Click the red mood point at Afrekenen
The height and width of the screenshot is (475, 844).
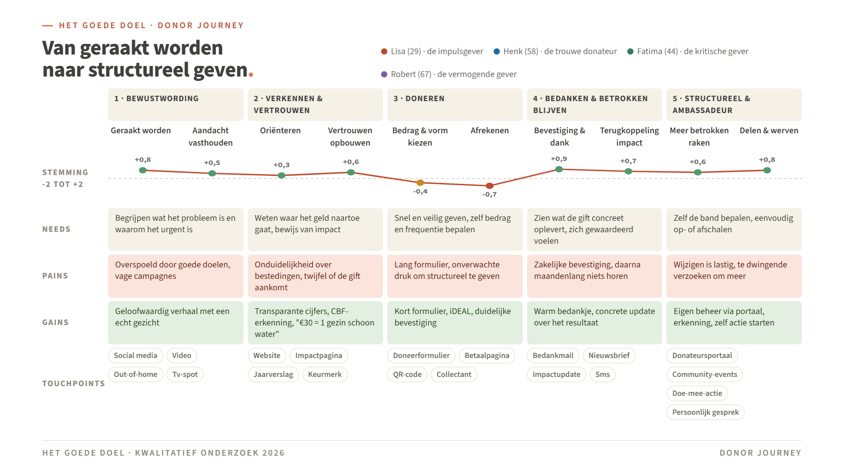490,186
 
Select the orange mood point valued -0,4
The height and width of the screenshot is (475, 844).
420,183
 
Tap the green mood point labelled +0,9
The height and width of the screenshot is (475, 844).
559,169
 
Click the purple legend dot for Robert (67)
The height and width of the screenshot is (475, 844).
384,74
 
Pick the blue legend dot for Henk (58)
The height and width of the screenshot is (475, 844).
497,51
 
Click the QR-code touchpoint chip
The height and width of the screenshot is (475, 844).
407,374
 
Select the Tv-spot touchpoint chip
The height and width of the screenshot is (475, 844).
185,374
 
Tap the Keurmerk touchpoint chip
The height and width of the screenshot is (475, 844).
325,374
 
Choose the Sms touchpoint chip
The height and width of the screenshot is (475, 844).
602,374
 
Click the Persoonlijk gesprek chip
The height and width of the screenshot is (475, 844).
706,412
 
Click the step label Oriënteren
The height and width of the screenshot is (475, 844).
280,131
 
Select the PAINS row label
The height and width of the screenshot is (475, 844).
55,276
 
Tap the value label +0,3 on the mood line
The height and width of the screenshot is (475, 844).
281,165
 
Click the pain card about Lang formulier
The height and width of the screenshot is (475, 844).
455,276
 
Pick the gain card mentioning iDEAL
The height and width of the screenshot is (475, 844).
455,323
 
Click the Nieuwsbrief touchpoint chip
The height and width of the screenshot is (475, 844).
609,355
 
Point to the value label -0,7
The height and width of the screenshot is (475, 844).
489,194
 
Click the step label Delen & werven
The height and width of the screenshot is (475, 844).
769,131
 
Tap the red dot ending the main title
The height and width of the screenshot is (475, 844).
251,75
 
